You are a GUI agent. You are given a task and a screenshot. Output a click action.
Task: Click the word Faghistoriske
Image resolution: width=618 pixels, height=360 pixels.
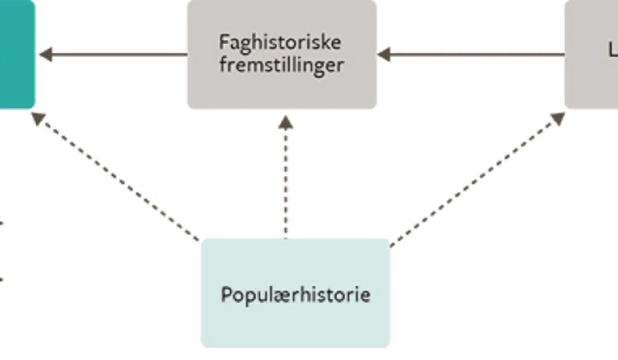[280, 42]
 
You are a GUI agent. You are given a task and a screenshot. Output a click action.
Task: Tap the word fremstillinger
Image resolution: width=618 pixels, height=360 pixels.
[281, 66]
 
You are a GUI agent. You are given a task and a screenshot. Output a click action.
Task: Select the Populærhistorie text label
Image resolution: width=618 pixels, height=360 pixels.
[296, 294]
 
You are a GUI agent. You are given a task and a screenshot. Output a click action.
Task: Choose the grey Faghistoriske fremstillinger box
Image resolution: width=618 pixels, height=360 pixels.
[282, 90]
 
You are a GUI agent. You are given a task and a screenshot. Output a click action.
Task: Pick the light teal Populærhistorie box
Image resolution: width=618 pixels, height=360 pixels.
[295, 324]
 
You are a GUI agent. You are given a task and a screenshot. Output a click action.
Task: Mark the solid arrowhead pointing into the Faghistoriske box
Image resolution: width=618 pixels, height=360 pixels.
[384, 54]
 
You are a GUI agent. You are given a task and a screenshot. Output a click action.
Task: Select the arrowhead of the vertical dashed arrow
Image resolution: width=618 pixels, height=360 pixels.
[286, 122]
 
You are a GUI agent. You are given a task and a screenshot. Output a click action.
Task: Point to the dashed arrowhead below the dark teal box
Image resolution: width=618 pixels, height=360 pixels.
[38, 118]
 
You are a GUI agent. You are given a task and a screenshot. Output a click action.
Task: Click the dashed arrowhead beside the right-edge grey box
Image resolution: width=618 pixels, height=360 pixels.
[558, 118]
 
